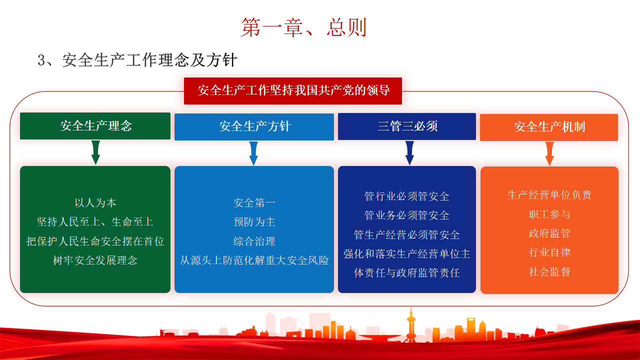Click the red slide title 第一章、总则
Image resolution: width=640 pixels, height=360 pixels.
[303, 27]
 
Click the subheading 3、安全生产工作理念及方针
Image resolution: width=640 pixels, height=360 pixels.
[137, 60]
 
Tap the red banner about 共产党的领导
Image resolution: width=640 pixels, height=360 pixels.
[293, 90]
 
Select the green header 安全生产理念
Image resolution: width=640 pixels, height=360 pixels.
[95, 126]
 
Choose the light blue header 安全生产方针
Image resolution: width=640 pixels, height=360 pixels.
[254, 127]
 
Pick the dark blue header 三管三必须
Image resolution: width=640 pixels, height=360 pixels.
[407, 126]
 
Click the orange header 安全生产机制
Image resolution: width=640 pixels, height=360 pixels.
[549, 127]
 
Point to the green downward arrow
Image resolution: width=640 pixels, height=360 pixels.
[95, 152]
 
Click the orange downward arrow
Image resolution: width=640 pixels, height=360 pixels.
[549, 153]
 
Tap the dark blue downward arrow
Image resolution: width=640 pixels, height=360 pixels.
[409, 153]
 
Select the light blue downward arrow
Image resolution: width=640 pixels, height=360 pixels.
[253, 153]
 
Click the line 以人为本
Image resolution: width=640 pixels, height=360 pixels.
[95, 203]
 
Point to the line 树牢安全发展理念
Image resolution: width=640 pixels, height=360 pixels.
[95, 260]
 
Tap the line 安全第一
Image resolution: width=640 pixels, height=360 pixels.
[254, 203]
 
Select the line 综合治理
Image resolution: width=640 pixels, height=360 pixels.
[254, 241]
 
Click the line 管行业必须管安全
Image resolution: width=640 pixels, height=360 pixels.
[407, 196]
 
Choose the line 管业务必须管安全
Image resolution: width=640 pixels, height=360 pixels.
[407, 215]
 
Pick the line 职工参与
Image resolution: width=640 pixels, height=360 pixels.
[549, 214]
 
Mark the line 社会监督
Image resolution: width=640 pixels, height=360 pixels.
[549, 271]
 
